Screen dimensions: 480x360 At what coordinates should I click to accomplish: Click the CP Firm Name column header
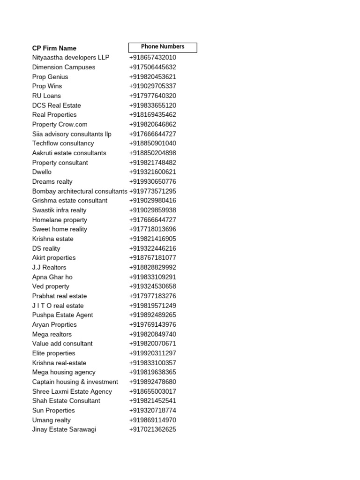click(54, 48)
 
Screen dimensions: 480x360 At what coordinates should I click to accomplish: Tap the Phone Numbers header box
click(163, 47)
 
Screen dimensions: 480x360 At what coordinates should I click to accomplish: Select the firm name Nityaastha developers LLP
click(71, 57)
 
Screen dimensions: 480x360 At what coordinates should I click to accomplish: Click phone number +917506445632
click(153, 67)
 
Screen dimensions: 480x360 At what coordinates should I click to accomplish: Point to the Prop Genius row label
click(50, 76)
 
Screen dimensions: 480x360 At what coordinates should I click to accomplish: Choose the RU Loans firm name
click(46, 96)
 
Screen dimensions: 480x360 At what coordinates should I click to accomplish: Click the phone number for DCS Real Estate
click(153, 105)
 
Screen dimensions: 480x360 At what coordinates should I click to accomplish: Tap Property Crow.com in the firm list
click(60, 124)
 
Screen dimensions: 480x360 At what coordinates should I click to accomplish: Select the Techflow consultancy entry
click(63, 143)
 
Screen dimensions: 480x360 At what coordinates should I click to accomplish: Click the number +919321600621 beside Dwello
click(153, 172)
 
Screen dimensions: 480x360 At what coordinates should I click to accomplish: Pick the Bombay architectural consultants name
click(80, 191)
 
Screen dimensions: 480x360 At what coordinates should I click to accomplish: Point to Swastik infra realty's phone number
click(153, 210)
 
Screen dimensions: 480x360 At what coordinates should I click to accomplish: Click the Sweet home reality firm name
click(60, 229)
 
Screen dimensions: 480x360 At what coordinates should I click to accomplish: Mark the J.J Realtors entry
click(49, 267)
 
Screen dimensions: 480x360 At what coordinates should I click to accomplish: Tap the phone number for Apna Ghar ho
click(153, 277)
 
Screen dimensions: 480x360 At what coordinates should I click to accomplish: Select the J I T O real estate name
click(58, 306)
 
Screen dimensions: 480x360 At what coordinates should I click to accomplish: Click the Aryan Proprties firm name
click(54, 324)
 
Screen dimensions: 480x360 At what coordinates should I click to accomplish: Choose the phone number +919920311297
click(153, 353)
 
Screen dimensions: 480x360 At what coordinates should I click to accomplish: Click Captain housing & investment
click(75, 382)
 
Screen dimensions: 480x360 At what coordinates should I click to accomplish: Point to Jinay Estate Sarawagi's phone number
click(153, 429)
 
